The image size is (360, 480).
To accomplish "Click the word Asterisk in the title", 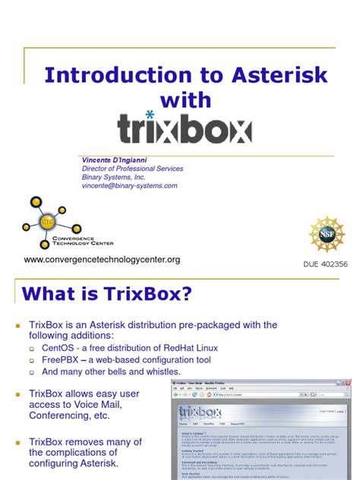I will pos(279,74).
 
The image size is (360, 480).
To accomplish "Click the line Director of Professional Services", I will pos(133,169).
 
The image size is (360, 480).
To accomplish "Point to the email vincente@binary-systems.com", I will pos(130,185).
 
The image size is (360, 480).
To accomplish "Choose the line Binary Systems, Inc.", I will pos(113,177).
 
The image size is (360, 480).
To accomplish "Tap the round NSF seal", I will pos(327,234).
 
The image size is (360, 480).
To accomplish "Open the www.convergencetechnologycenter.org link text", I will pos(102,260).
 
